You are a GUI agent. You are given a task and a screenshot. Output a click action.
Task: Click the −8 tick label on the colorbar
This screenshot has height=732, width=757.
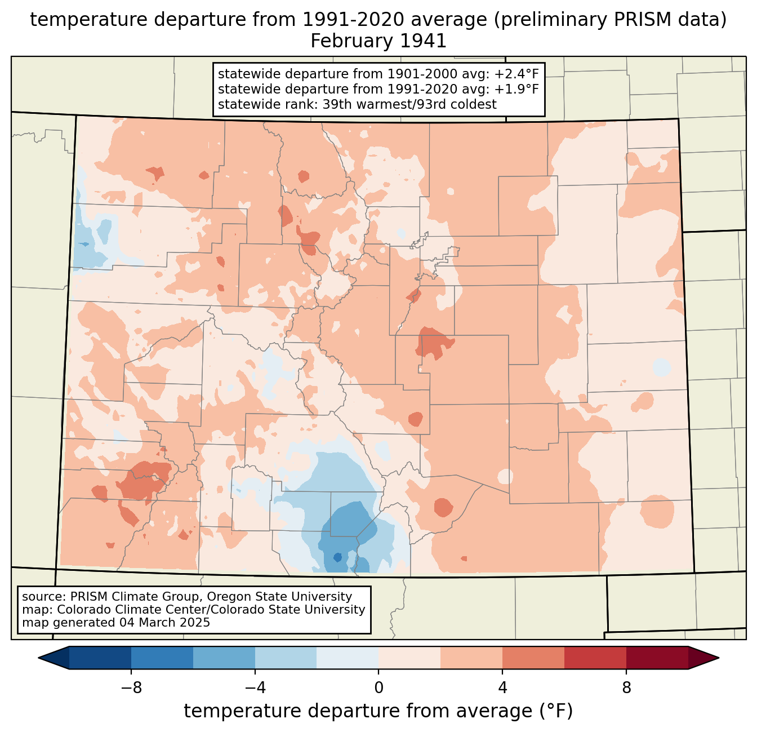(131, 687)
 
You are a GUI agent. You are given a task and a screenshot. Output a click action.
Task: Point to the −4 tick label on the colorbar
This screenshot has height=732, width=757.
(255, 687)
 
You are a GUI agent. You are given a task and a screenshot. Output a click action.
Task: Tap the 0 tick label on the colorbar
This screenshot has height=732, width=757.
(379, 687)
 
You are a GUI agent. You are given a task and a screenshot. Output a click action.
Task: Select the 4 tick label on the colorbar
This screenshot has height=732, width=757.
(502, 687)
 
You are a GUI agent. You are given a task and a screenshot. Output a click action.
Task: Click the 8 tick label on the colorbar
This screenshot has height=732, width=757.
(626, 687)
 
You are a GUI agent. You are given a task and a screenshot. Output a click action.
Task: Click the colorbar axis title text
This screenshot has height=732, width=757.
(379, 711)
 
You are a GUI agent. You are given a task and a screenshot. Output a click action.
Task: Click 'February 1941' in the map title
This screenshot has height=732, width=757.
(379, 41)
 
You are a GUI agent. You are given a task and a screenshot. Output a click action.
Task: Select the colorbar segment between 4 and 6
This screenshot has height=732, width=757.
(533, 658)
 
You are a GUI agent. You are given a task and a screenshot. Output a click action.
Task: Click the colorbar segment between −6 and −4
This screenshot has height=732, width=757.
(224, 658)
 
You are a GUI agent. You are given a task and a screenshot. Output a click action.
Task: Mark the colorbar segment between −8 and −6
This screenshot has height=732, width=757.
(162, 658)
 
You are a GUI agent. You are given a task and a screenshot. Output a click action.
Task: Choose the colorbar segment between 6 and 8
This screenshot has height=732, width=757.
(595, 658)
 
